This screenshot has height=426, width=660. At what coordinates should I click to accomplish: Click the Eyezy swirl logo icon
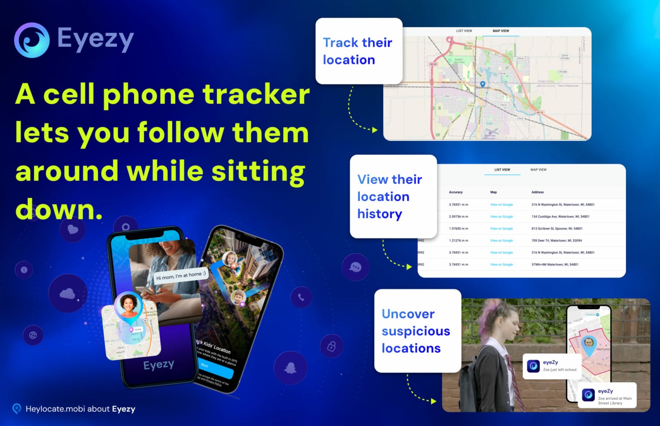coord(32,40)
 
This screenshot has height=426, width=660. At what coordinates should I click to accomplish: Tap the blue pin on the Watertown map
coord(483,85)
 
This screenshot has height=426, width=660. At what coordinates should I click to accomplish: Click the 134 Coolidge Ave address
coord(560,216)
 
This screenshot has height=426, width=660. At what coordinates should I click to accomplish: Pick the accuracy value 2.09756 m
coord(458,216)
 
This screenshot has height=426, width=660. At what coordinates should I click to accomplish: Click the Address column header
coord(538,192)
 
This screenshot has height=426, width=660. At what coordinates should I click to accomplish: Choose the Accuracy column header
coord(455,192)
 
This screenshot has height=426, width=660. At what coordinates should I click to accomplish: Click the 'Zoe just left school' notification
coord(552,366)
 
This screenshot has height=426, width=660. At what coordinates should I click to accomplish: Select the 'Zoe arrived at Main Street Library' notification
coord(608,396)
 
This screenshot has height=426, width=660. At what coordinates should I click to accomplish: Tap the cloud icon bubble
coord(67,293)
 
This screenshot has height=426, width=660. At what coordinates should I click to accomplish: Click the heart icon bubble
coord(73,229)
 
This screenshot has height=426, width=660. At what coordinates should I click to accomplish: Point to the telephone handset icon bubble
coord(301,297)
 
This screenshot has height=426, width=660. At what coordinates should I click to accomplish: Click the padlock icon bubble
coord(332,346)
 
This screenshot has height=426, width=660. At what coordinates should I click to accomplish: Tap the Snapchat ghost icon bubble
coord(291,368)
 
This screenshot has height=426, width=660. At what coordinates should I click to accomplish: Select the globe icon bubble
coord(33,335)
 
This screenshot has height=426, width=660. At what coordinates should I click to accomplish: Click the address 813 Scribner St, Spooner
coord(557,228)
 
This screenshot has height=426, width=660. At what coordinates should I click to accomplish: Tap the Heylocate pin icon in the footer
coord(17,408)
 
